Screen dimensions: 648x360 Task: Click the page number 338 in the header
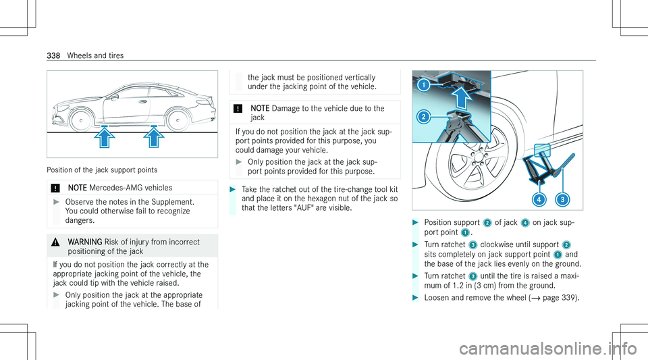tap(53, 55)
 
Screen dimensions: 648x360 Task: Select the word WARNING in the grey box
tap(85, 242)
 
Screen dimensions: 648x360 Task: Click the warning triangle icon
tap(55, 242)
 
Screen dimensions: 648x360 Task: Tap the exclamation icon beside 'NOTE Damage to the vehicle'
tap(238, 109)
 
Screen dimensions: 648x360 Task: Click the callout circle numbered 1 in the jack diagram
tap(423, 86)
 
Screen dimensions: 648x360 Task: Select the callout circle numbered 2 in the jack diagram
tap(423, 117)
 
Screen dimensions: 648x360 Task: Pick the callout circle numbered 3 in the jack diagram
tap(562, 200)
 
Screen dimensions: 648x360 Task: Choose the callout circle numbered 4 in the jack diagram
tap(539, 200)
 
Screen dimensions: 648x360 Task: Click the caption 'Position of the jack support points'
tap(102, 170)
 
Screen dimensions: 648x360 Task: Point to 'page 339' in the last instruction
tap(558, 298)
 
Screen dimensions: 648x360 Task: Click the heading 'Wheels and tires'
tap(95, 55)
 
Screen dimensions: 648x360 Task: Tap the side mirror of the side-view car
tap(114, 97)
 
